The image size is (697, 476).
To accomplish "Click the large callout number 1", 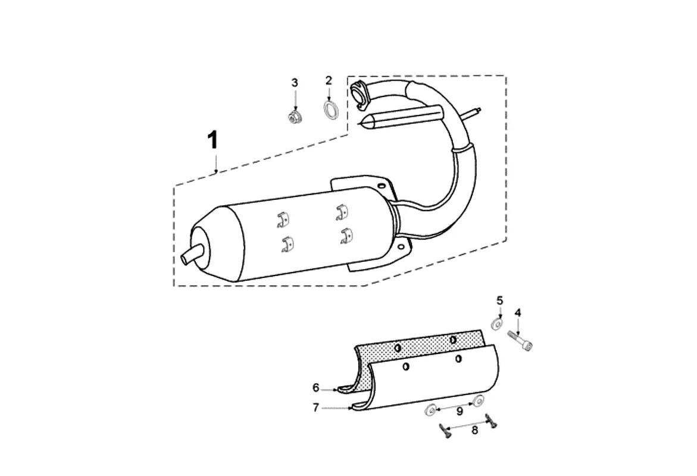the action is (213, 140).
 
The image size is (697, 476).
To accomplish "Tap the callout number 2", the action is (329, 80).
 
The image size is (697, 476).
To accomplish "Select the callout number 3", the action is (294, 83).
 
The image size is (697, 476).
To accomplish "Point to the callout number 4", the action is (517, 313).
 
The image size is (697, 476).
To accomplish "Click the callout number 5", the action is (499, 301).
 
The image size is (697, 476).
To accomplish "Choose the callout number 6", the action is (315, 388).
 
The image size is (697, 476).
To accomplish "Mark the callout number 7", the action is (315, 408).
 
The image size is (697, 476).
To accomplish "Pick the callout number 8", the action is (475, 430).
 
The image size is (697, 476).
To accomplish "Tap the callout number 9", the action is (460, 412).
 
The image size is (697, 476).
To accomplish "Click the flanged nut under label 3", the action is (293, 118).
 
